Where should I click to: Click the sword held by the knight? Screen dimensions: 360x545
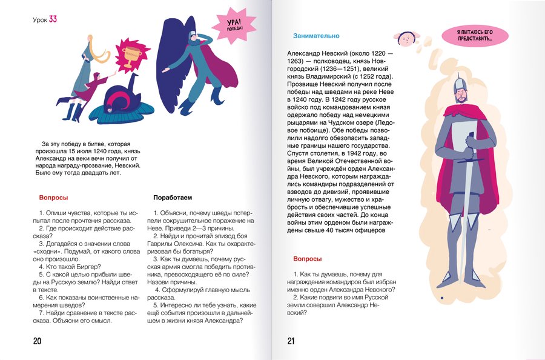[x=467, y=200]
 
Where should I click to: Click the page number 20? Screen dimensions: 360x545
[x=37, y=341]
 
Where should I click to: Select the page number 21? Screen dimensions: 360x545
[x=291, y=341]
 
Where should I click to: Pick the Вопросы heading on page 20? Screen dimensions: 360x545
[x=53, y=198]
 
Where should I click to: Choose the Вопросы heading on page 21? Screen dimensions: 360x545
[x=307, y=259]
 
